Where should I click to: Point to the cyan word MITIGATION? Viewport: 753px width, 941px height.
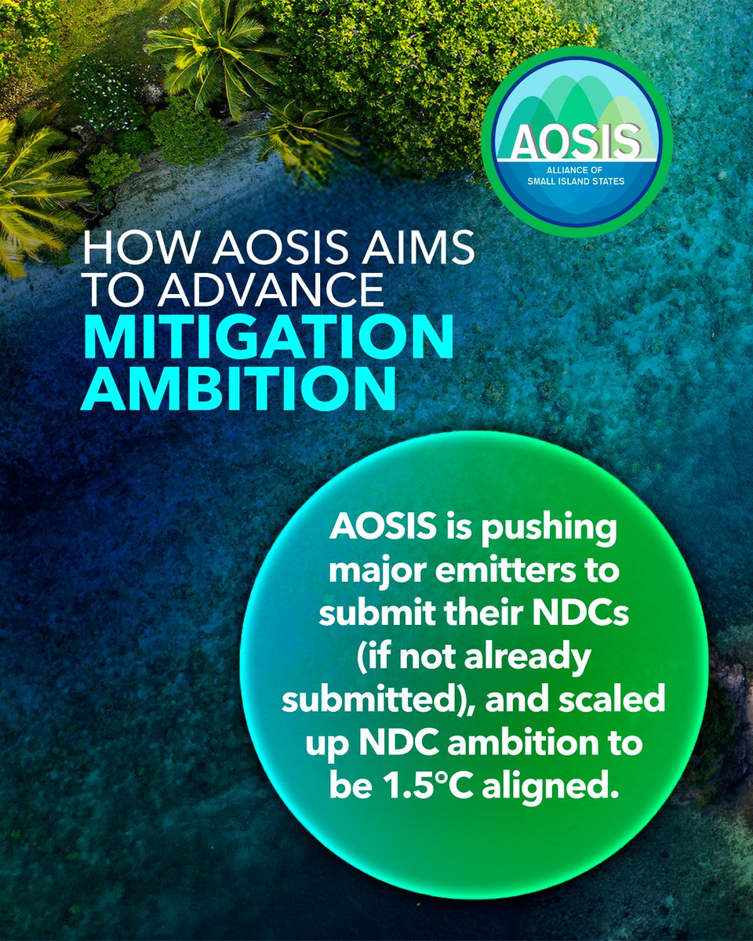tap(267, 338)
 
